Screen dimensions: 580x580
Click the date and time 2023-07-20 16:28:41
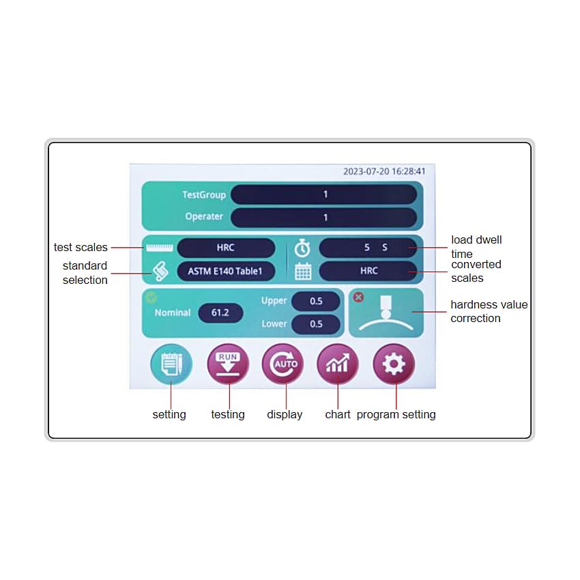click(384, 171)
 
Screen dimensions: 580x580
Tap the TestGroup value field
click(324, 194)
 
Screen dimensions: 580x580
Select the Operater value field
click(324, 217)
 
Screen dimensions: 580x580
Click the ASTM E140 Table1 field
click(226, 271)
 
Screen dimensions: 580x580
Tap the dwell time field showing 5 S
click(368, 248)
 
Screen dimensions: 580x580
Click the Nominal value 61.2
click(220, 313)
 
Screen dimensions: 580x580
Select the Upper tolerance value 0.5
click(316, 301)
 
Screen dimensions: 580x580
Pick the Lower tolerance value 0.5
click(316, 324)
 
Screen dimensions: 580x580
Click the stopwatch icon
click(302, 248)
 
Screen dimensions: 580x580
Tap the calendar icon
click(303, 271)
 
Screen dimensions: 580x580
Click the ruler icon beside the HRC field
click(160, 248)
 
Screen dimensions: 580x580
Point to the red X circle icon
click(358, 297)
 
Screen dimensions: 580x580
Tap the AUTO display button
click(283, 364)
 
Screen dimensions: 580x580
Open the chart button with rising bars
click(338, 364)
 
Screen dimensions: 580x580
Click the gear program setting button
click(394, 364)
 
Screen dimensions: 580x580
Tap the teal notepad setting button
click(171, 364)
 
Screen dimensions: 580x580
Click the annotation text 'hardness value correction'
click(489, 311)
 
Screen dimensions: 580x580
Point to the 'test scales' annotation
click(81, 247)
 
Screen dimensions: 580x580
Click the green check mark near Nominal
click(151, 297)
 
